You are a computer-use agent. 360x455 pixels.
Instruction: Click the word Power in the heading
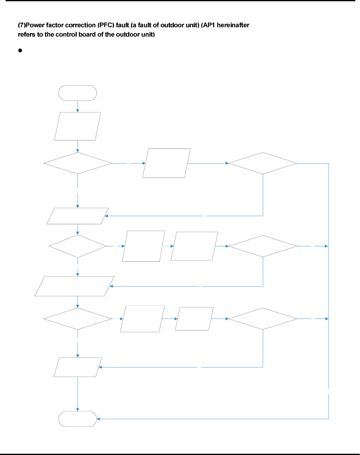click(35, 25)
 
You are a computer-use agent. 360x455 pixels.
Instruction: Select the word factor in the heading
click(55, 25)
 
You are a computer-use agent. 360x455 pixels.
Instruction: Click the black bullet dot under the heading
click(20, 50)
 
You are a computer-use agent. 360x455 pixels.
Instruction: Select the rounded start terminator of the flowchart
click(78, 93)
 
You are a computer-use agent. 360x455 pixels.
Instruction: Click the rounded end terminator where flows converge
click(78, 419)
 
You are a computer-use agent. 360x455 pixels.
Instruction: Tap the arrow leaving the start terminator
click(78, 107)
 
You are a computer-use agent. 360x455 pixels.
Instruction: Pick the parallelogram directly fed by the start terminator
click(78, 126)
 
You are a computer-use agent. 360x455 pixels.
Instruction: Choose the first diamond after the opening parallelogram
click(78, 163)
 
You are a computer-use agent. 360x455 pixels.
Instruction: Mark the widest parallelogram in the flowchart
click(74, 286)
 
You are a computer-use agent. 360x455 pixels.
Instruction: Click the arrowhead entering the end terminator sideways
click(98, 419)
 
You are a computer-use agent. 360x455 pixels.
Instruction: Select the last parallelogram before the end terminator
click(78, 367)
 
